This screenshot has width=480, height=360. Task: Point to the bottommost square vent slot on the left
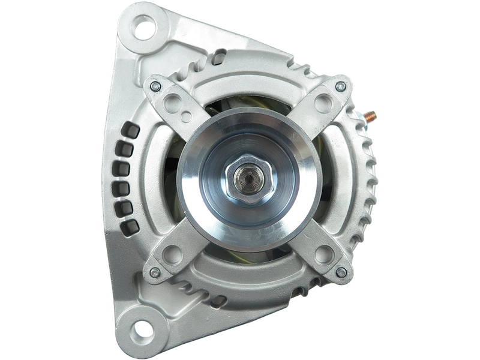pyautogui.click(x=128, y=226)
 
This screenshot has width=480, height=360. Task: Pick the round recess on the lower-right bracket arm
pyautogui.click(x=323, y=252)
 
